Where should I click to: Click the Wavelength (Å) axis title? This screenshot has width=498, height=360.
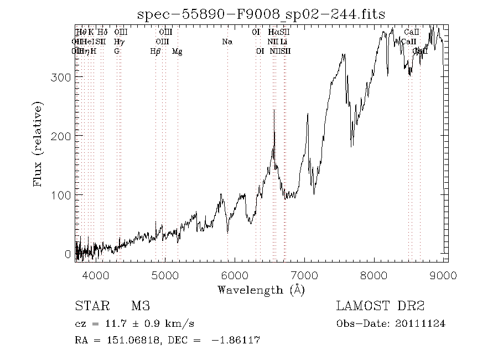[261, 290]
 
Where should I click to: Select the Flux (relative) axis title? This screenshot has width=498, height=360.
[38, 143]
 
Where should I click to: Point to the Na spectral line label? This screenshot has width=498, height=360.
[227, 42]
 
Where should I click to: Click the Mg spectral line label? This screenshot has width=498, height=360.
[177, 52]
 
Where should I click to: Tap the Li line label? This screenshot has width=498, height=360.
[283, 42]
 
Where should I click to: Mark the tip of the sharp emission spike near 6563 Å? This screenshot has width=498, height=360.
[274, 110]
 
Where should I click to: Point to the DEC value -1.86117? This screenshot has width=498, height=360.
[235, 340]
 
